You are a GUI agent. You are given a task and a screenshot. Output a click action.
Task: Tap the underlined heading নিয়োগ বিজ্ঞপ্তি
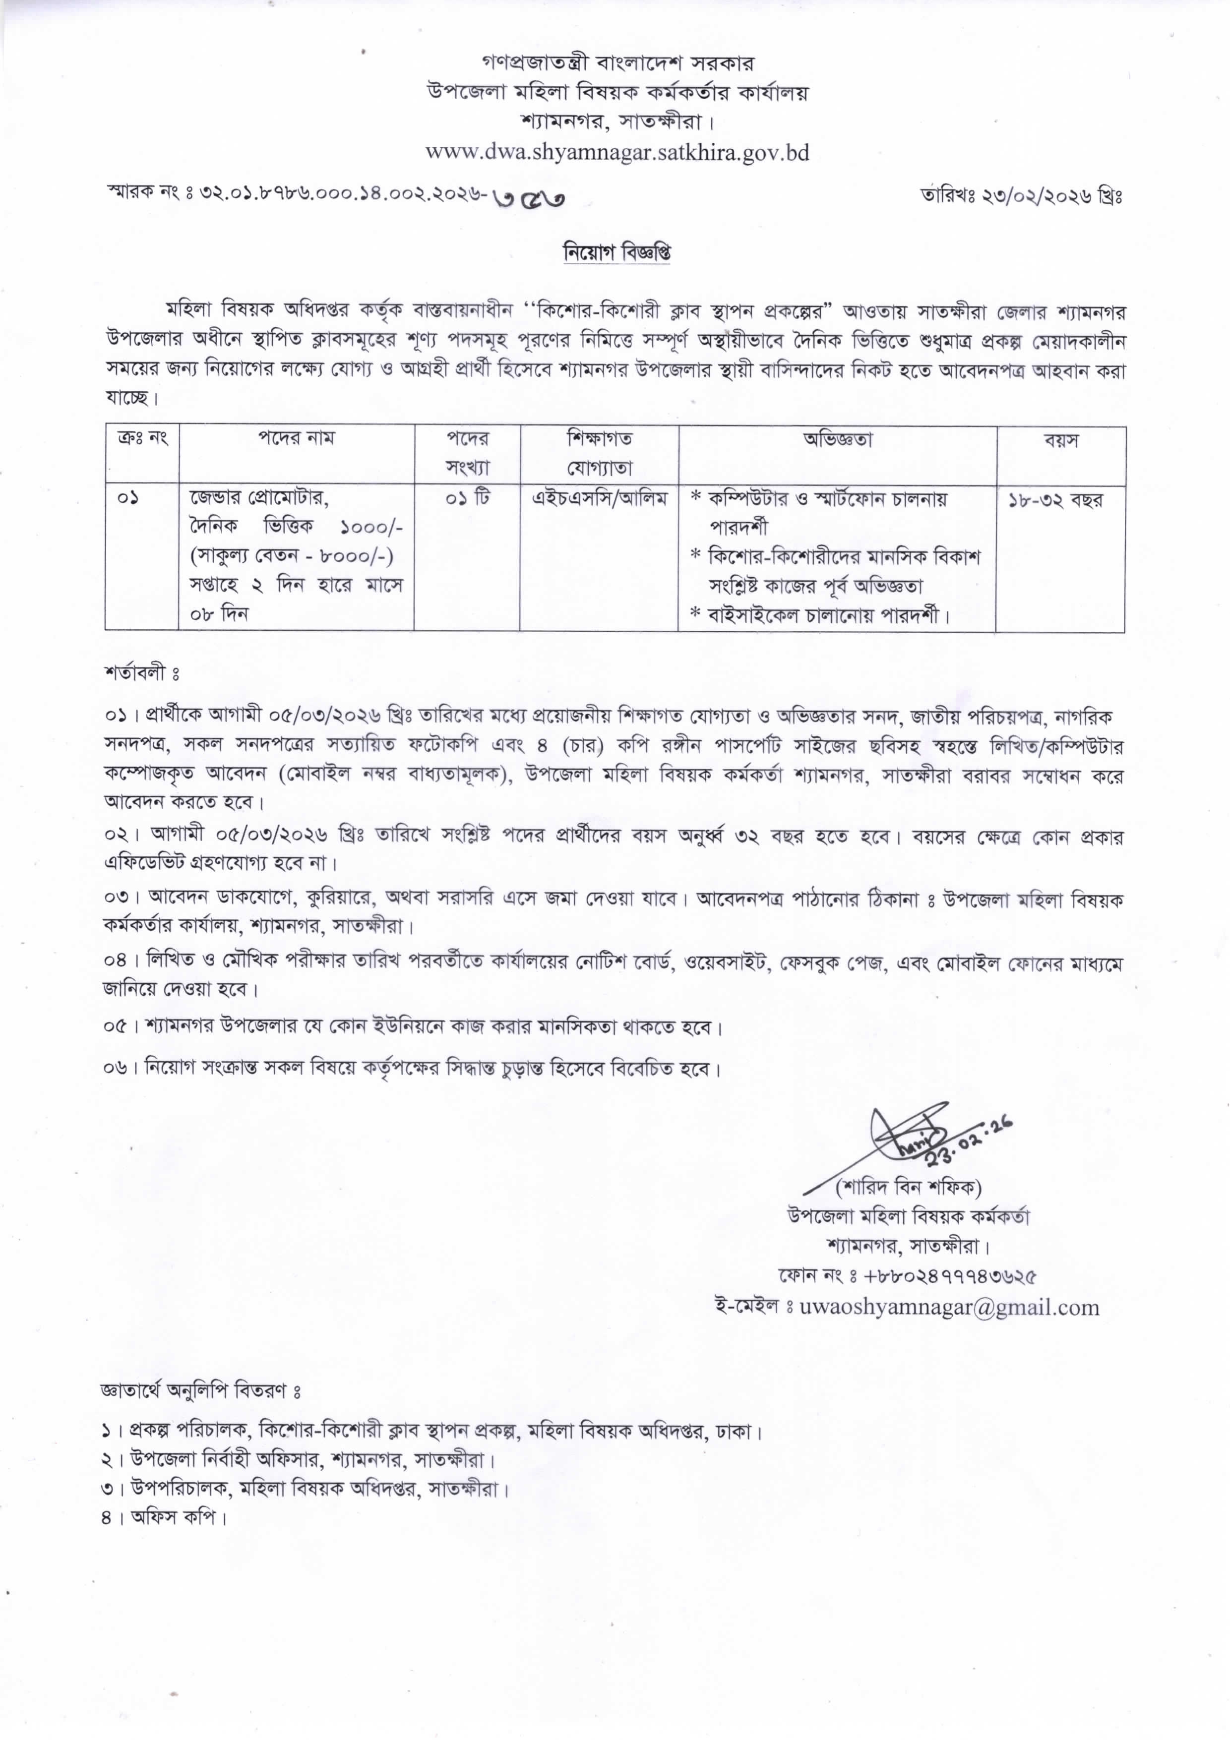[x=616, y=252]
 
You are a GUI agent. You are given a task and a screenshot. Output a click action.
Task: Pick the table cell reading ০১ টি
[x=467, y=499]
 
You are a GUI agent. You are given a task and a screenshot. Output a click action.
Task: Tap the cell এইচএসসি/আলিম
[x=599, y=499]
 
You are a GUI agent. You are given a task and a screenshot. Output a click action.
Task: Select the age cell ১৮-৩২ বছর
[x=1055, y=500]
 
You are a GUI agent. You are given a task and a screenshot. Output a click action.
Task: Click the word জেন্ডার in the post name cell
[x=216, y=499]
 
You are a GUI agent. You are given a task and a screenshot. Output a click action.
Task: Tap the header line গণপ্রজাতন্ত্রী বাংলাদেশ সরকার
[x=617, y=61]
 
